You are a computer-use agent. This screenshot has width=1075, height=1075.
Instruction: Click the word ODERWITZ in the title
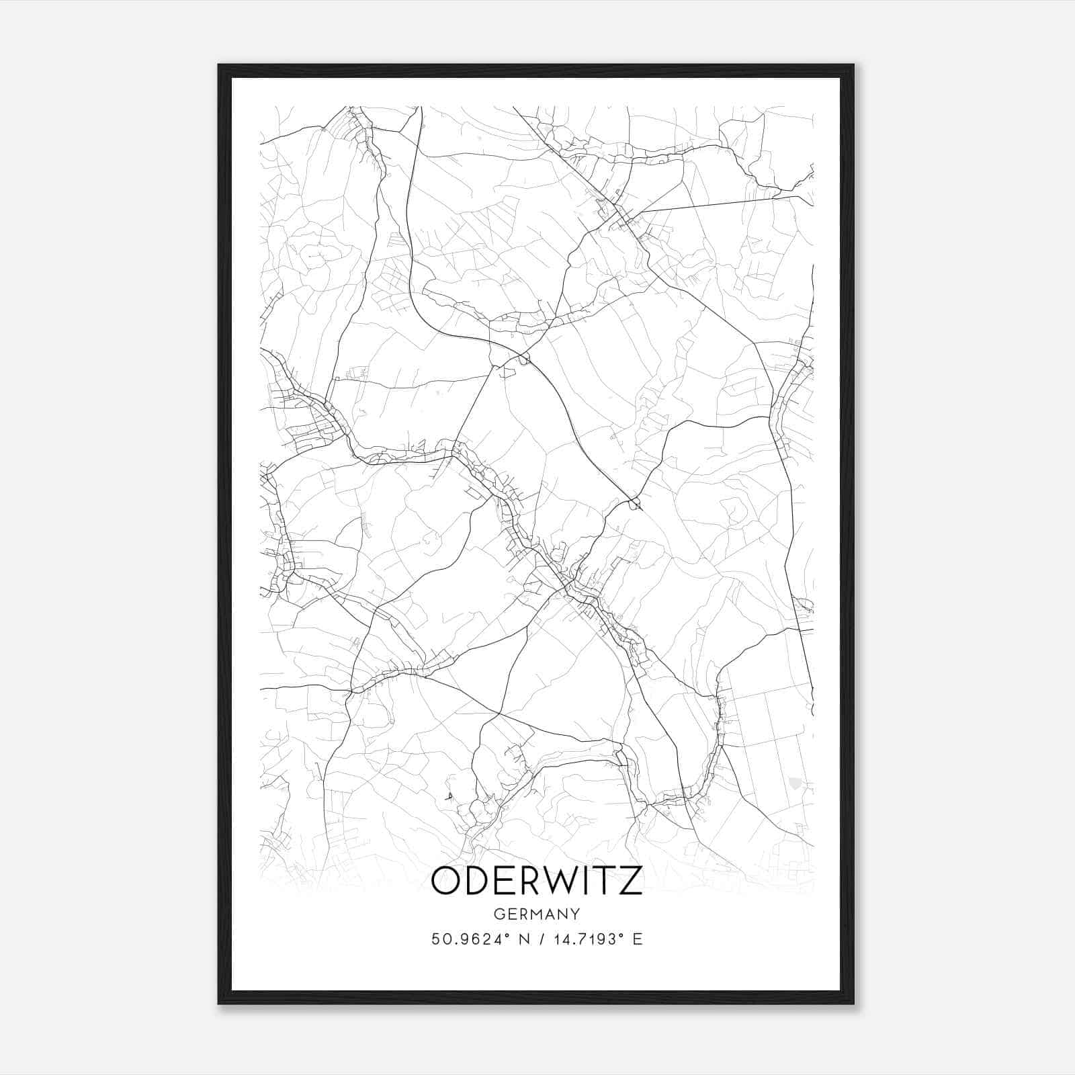(536, 881)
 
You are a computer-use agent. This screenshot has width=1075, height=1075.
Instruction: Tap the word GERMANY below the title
(536, 914)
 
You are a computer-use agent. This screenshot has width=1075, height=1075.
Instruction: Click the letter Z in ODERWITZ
(630, 881)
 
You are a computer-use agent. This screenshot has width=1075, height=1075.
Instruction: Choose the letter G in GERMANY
(498, 914)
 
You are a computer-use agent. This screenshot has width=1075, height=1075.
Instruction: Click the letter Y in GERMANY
(575, 914)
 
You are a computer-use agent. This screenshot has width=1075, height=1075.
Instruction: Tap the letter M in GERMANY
(535, 914)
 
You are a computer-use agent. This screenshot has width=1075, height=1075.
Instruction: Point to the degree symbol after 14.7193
(621, 935)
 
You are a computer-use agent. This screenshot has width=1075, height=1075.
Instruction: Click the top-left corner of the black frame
(219, 65)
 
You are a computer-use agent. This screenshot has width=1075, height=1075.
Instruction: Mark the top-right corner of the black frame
(853, 65)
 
